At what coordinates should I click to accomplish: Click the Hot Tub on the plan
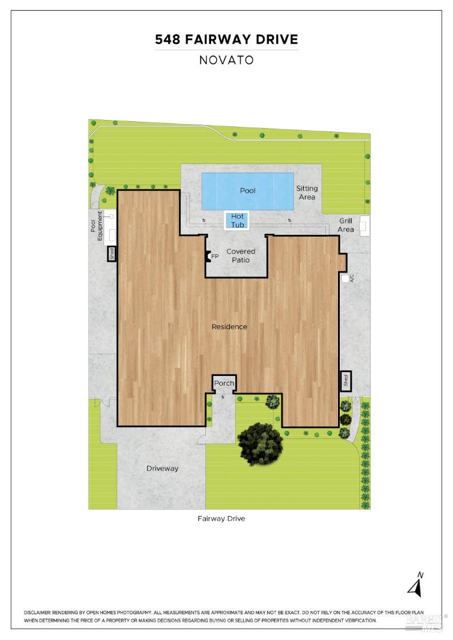pos(237,221)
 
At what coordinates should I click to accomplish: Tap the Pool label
pos(248,190)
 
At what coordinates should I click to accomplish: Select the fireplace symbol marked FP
pos(208,257)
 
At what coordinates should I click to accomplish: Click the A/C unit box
pos(345,278)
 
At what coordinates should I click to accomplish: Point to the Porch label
pos(224,383)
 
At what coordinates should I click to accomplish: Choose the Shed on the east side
pos(345,381)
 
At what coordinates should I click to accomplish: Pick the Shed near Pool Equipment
pos(112,254)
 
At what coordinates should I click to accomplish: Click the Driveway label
pos(162,469)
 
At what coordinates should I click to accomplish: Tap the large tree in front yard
pos(258,443)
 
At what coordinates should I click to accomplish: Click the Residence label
pos(229,327)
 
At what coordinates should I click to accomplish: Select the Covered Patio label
pos(241,255)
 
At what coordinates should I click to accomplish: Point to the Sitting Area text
pos(307,193)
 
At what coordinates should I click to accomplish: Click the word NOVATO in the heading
pos(227,60)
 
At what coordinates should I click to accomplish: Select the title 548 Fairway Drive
pos(227,39)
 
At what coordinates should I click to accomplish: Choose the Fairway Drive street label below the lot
pos(221,519)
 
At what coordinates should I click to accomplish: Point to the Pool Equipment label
pos(96,226)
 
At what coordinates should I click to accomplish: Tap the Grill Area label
pos(345,225)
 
